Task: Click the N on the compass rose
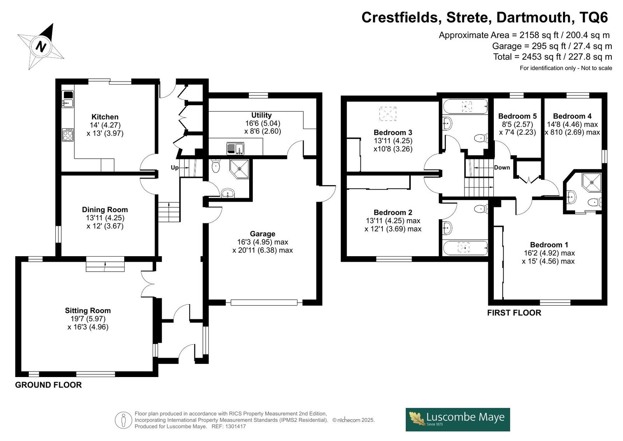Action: [x=41, y=46]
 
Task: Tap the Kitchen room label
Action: [x=105, y=117]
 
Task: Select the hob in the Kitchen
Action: [x=68, y=135]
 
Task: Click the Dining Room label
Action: [x=105, y=209]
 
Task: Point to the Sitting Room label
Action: [x=88, y=310]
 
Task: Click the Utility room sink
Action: [x=235, y=149]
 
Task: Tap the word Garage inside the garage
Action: [x=262, y=234]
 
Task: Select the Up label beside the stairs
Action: [x=174, y=167]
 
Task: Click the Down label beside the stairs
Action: [x=502, y=167]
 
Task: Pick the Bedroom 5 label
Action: [x=517, y=116]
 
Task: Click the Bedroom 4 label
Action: [x=572, y=116]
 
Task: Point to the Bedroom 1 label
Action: [x=549, y=244]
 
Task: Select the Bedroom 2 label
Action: [x=393, y=212]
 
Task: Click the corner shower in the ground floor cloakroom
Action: [x=239, y=169]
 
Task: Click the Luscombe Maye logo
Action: [x=458, y=420]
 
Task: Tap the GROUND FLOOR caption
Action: [x=48, y=385]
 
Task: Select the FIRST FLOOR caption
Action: [x=514, y=313]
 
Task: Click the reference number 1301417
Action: [x=236, y=426]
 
